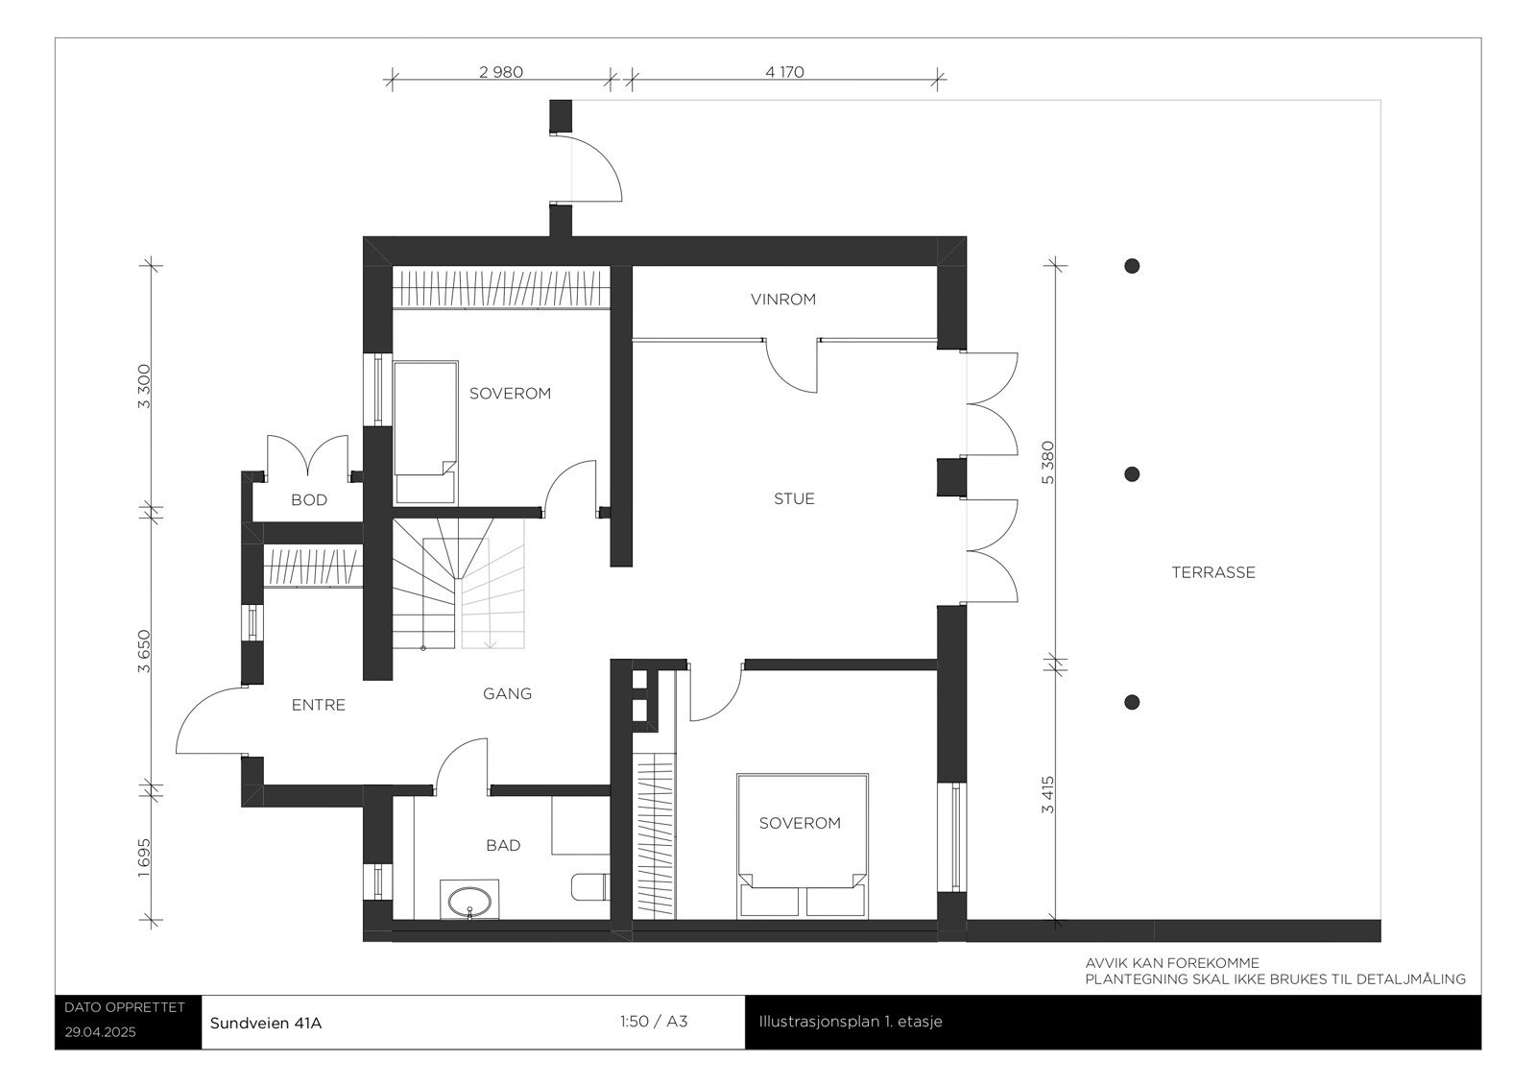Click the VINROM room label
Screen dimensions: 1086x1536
783,300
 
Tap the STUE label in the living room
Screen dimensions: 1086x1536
794,498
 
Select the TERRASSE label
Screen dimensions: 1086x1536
1213,572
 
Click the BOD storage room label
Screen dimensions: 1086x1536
309,500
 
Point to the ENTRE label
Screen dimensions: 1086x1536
318,705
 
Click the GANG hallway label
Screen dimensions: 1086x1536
507,693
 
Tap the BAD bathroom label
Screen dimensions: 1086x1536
503,845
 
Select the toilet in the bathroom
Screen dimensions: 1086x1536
588,886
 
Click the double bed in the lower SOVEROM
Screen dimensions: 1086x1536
802,845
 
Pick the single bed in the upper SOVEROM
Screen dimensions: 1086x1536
424,432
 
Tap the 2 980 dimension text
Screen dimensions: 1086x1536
500,72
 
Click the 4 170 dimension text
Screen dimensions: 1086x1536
784,72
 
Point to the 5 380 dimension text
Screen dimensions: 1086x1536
1048,462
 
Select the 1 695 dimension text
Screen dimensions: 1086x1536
144,857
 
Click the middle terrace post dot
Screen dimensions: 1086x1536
1132,474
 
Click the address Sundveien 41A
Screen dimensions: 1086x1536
266,1023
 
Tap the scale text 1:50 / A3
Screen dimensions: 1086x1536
654,1022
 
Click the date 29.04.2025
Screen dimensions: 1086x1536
101,1033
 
